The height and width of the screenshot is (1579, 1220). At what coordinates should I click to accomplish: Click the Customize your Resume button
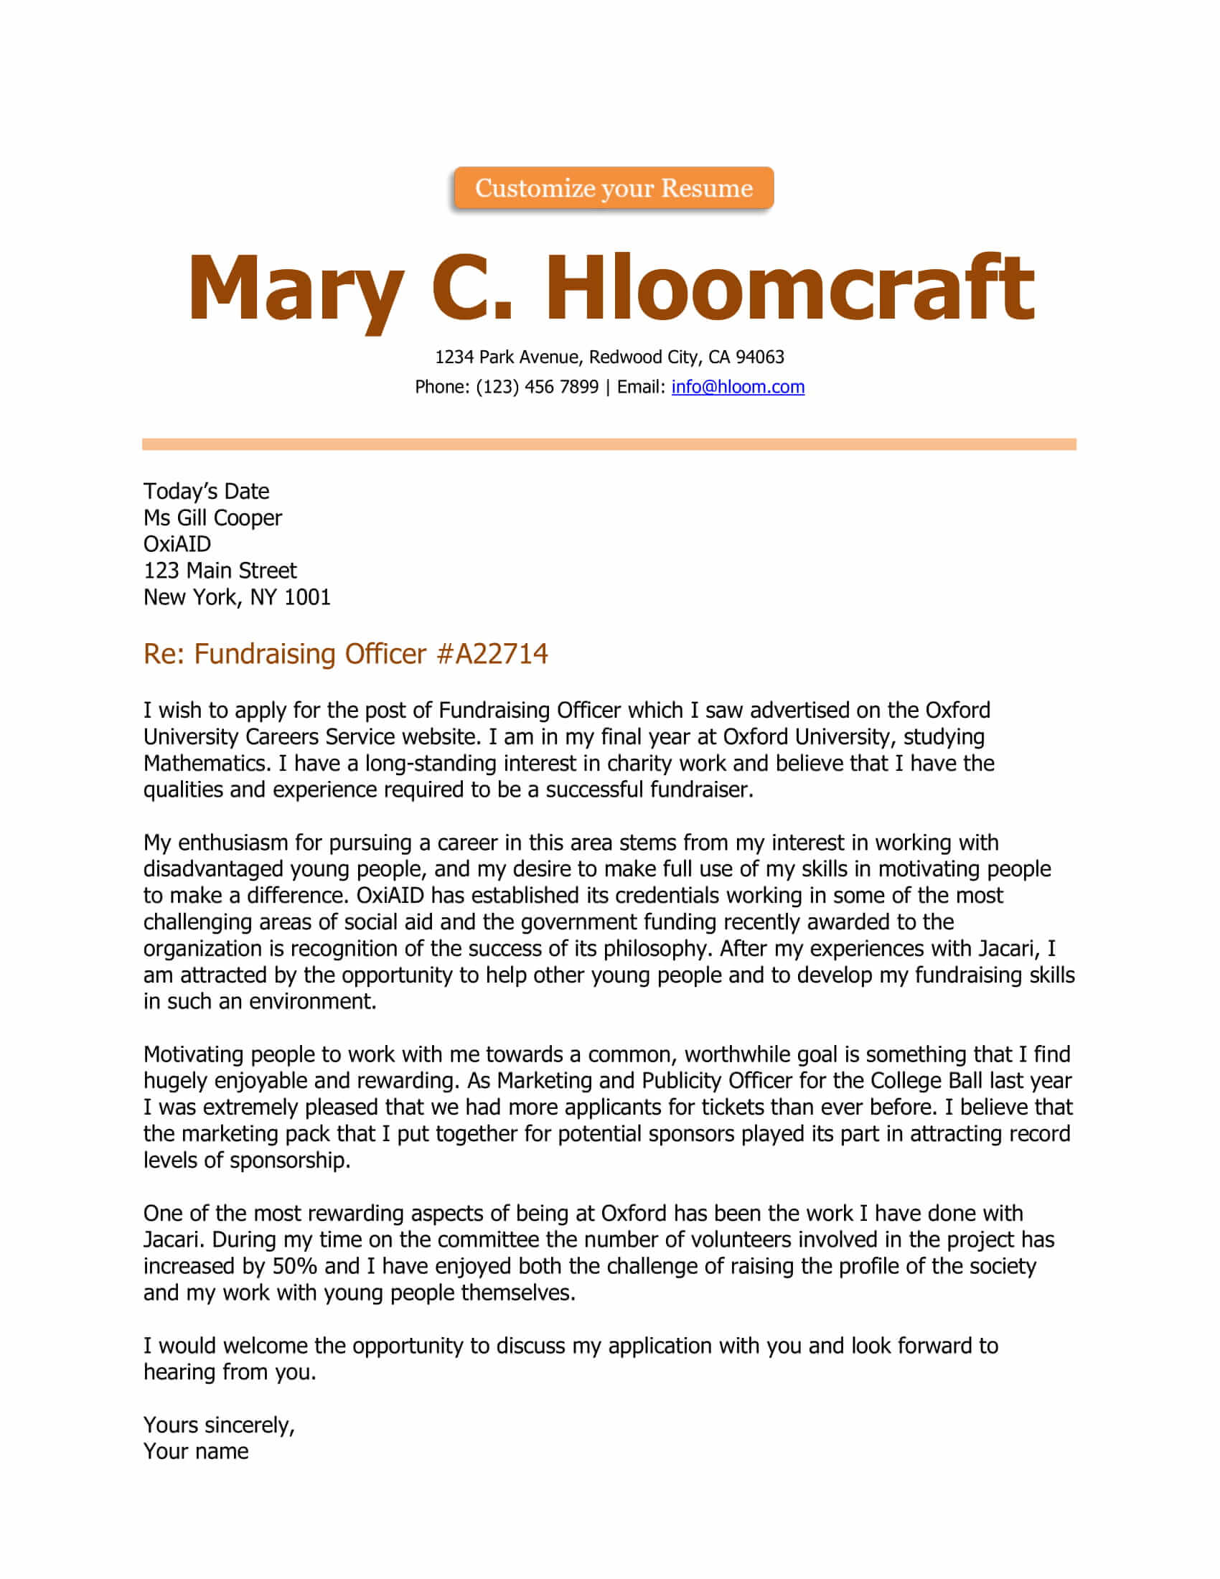pyautogui.click(x=613, y=188)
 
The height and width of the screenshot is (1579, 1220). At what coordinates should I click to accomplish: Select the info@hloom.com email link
pyautogui.click(x=737, y=387)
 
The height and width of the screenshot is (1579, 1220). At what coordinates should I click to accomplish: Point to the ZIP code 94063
pyautogui.click(x=759, y=357)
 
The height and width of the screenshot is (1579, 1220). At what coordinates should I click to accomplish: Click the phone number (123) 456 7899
pyautogui.click(x=536, y=387)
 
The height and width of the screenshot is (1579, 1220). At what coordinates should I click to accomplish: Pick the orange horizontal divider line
pyautogui.click(x=609, y=444)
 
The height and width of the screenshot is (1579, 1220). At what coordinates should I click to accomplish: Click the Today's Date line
pyautogui.click(x=206, y=492)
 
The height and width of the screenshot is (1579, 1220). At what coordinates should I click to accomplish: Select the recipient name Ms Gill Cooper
pyautogui.click(x=212, y=517)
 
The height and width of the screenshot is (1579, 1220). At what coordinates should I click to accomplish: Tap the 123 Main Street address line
pyautogui.click(x=220, y=571)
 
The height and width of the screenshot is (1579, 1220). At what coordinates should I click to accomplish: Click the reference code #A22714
pyautogui.click(x=492, y=654)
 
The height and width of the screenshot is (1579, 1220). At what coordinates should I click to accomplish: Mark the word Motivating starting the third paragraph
pyautogui.click(x=193, y=1055)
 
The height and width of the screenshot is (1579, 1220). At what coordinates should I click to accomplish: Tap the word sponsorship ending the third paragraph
pyautogui.click(x=289, y=1161)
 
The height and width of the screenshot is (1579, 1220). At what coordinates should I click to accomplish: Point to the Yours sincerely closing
pyautogui.click(x=218, y=1425)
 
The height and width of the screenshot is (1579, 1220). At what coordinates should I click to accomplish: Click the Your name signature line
pyautogui.click(x=195, y=1451)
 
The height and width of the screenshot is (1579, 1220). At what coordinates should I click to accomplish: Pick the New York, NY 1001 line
pyautogui.click(x=236, y=597)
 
